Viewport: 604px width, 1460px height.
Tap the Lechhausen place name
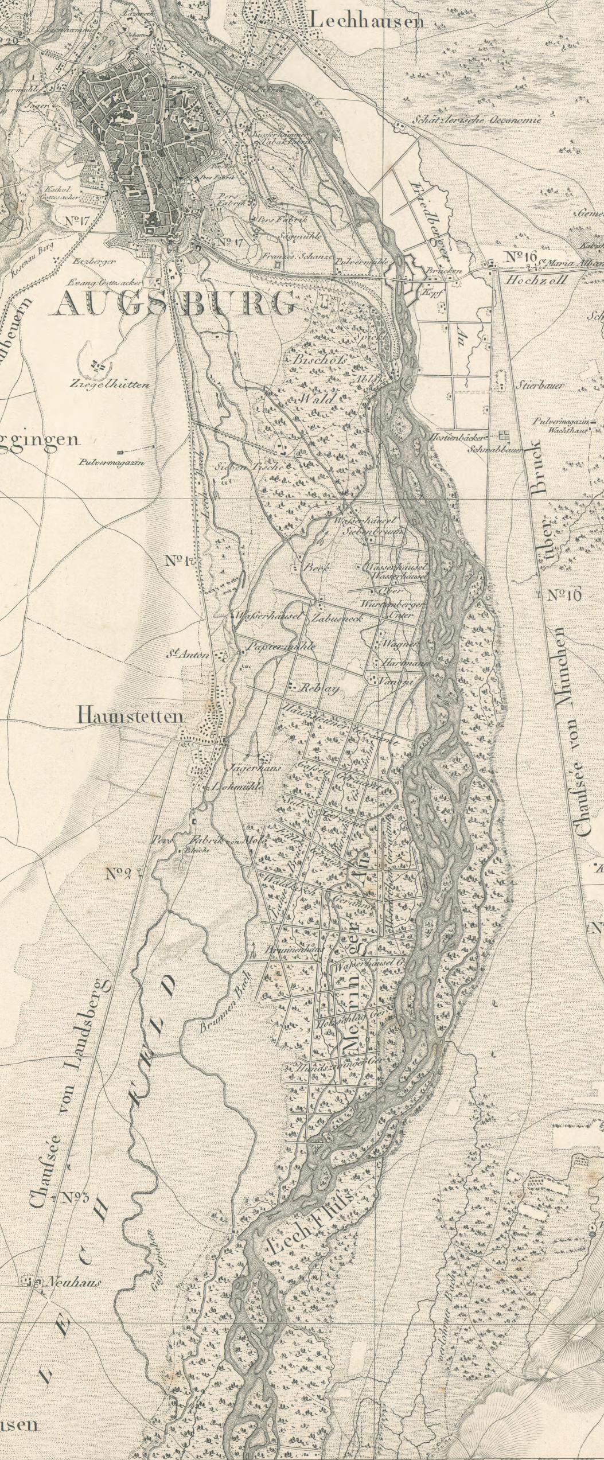point(367,21)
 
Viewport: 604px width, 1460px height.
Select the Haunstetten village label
point(130,716)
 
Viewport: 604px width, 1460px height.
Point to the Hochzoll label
point(536,280)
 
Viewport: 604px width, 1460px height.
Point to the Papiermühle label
point(280,647)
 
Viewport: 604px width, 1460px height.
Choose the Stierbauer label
point(539,386)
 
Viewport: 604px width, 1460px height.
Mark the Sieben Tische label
point(248,467)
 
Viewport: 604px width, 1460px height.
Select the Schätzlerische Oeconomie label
point(476,120)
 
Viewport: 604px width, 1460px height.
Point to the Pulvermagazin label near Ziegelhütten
point(112,462)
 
